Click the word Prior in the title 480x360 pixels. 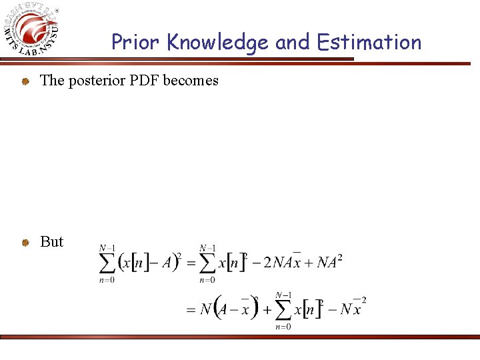click(136, 42)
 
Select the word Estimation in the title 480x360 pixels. click(369, 42)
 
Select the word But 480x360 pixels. click(52, 241)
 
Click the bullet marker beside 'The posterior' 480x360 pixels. click(25, 81)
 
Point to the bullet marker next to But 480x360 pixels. click(25, 243)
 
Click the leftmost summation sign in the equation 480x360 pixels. click(107, 263)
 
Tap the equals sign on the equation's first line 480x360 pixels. click(191, 263)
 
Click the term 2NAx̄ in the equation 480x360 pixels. click(280, 261)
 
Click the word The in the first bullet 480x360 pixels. click(52, 81)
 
